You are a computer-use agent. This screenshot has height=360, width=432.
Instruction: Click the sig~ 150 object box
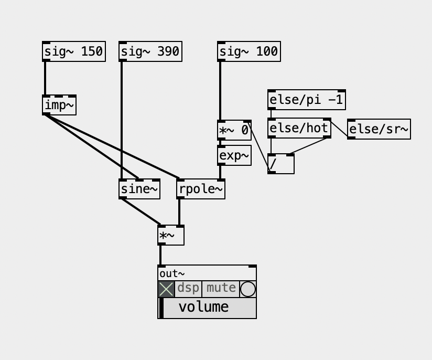pyautogui.click(x=73, y=51)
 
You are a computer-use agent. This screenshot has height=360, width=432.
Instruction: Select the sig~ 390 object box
pyautogui.click(x=150, y=51)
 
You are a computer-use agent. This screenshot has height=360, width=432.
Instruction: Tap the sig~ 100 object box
pyautogui.click(x=249, y=51)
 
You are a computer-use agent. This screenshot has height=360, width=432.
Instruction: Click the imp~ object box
pyautogui.click(x=59, y=105)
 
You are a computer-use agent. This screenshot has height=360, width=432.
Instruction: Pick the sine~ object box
pyautogui.click(x=139, y=189)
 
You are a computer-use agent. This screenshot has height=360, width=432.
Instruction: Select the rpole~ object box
pyautogui.click(x=201, y=189)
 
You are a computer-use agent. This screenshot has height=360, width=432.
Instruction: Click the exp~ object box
pyautogui.click(x=234, y=155)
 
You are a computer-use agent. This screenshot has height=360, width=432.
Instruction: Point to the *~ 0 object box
pyautogui.click(x=234, y=130)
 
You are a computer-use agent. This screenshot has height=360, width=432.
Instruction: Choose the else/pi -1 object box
pyautogui.click(x=306, y=100)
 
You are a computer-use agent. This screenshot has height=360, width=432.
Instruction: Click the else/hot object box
pyautogui.click(x=299, y=128)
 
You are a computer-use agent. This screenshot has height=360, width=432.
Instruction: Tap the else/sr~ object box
pyautogui.click(x=379, y=129)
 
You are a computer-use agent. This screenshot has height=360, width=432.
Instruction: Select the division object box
pyautogui.click(x=281, y=164)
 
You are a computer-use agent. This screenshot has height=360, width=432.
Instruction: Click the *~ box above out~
pyautogui.click(x=171, y=236)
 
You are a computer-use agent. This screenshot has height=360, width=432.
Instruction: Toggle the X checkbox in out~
pyautogui.click(x=166, y=289)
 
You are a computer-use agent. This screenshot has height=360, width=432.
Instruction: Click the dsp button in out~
pyautogui.click(x=188, y=289)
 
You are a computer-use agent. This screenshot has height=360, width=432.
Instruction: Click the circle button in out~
pyautogui.click(x=248, y=289)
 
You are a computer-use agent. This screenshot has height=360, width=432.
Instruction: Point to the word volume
pyautogui.click(x=203, y=307)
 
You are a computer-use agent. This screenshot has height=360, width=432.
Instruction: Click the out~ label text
pyautogui.click(x=172, y=273)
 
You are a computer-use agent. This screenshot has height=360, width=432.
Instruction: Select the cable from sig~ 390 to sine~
pyautogui.click(x=122, y=121)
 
